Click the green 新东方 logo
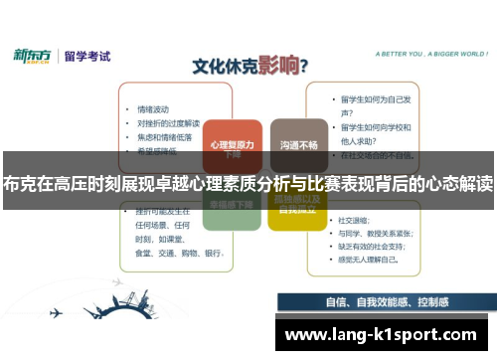click(33, 56)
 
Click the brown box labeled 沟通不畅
click(299, 144)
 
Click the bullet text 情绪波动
click(153, 108)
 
